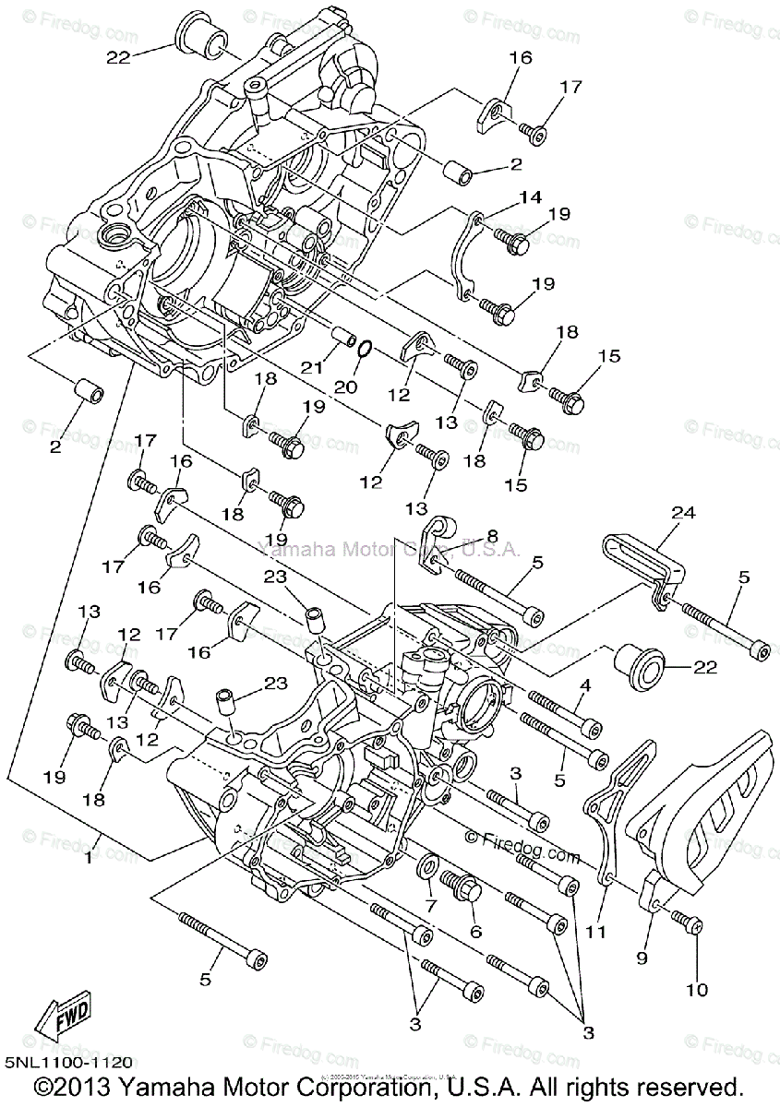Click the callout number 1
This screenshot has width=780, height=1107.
point(89,858)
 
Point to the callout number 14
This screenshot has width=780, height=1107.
point(528,196)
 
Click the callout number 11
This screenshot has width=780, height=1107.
point(597,932)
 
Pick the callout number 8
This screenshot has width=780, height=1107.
point(492,534)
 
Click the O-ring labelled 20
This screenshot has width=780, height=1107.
point(364,348)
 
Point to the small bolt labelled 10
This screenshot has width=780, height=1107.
point(682,921)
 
